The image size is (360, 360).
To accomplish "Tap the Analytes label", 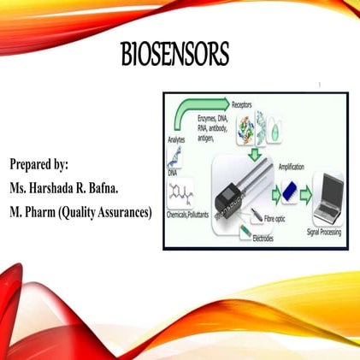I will tap(176, 139).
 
